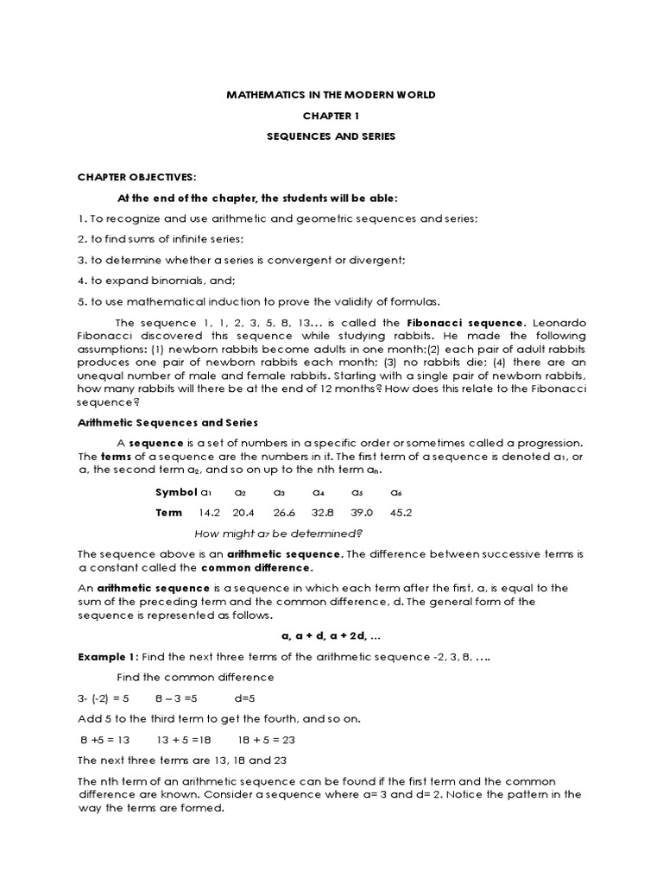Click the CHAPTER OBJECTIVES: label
tap(136, 177)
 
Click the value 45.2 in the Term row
tap(401, 512)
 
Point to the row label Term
tap(168, 512)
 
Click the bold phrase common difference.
tap(256, 569)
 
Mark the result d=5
tap(246, 698)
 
